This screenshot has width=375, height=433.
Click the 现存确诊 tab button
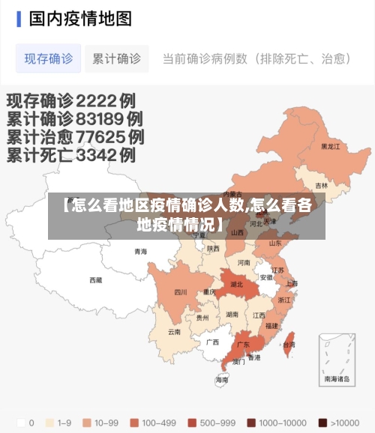pyautogui.click(x=49, y=58)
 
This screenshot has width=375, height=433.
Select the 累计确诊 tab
pyautogui.click(x=116, y=58)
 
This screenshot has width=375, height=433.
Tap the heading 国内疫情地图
pyautogui.click(x=80, y=18)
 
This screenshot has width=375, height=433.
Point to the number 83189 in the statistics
pyautogui.click(x=99, y=118)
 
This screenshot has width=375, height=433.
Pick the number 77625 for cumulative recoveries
pyautogui.click(x=100, y=137)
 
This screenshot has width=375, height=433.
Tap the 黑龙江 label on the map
pyautogui.click(x=331, y=147)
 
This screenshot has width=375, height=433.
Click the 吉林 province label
pyautogui.click(x=321, y=185)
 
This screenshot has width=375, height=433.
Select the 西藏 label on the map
pyautogui.click(x=96, y=280)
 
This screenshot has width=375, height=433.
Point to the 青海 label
pyautogui.click(x=141, y=252)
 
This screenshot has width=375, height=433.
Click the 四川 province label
pyautogui.click(x=181, y=292)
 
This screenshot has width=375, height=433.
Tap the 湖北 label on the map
pyautogui.click(x=236, y=285)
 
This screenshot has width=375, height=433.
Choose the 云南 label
pyautogui.click(x=174, y=331)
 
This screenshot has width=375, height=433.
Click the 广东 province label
pyautogui.click(x=243, y=345)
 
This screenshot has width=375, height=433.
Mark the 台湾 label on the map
pyautogui.click(x=288, y=345)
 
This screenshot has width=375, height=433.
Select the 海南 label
pyautogui.click(x=221, y=380)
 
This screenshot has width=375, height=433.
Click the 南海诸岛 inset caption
pyautogui.click(x=337, y=379)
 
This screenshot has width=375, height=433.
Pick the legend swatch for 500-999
pyautogui.click(x=191, y=422)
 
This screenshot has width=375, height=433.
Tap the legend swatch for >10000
pyautogui.click(x=322, y=422)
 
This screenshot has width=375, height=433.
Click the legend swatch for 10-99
pyautogui.click(x=87, y=422)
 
